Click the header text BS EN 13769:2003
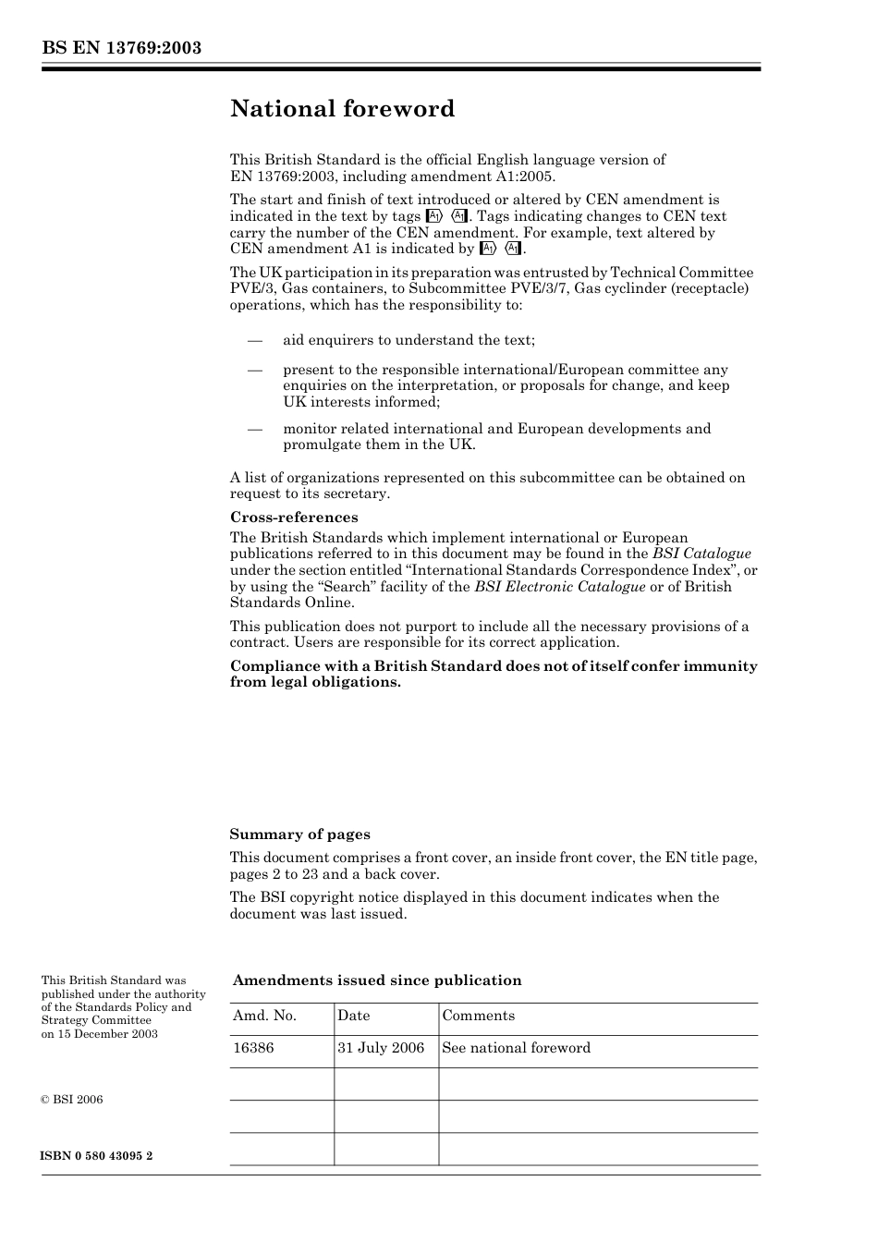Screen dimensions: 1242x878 [x=121, y=48]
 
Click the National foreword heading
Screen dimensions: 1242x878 [x=342, y=109]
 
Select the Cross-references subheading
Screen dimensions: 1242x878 [x=294, y=517]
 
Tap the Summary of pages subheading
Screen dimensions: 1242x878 [x=299, y=834]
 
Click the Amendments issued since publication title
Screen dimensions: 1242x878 [x=377, y=980]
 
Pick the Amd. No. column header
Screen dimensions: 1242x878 [x=264, y=1016]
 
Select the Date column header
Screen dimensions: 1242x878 [x=353, y=1016]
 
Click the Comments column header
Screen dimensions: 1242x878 [x=478, y=1016]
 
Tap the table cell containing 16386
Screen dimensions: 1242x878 [x=253, y=1048]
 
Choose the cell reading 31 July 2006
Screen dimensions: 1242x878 [x=381, y=1048]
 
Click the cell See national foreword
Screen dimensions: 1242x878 [x=516, y=1048]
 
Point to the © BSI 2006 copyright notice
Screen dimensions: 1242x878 [x=72, y=1100]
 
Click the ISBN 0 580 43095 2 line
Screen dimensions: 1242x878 [x=97, y=1156]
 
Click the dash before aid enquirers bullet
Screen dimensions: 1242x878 [x=256, y=340]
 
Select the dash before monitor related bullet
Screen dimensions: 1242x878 [x=256, y=429]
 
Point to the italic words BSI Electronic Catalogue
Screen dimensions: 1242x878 [x=559, y=587]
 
